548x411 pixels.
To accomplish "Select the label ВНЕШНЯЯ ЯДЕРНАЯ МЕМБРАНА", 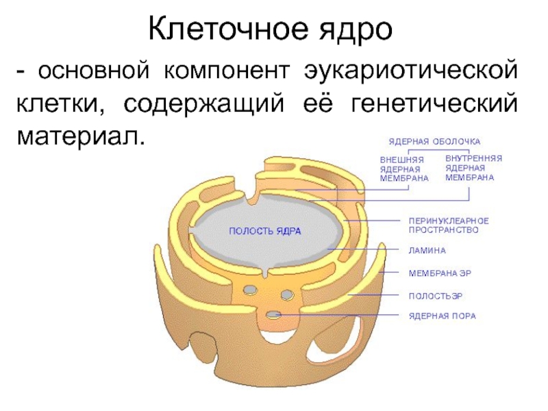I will pyautogui.click(x=403, y=169).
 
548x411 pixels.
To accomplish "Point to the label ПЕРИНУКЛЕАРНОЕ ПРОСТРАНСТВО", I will pyautogui.click(x=448, y=225).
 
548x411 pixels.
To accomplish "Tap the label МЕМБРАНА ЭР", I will pyautogui.click(x=440, y=273).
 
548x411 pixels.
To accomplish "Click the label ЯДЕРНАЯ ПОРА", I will pyautogui.click(x=442, y=316).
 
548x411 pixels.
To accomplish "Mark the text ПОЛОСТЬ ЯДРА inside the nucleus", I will pyautogui.click(x=264, y=231).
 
